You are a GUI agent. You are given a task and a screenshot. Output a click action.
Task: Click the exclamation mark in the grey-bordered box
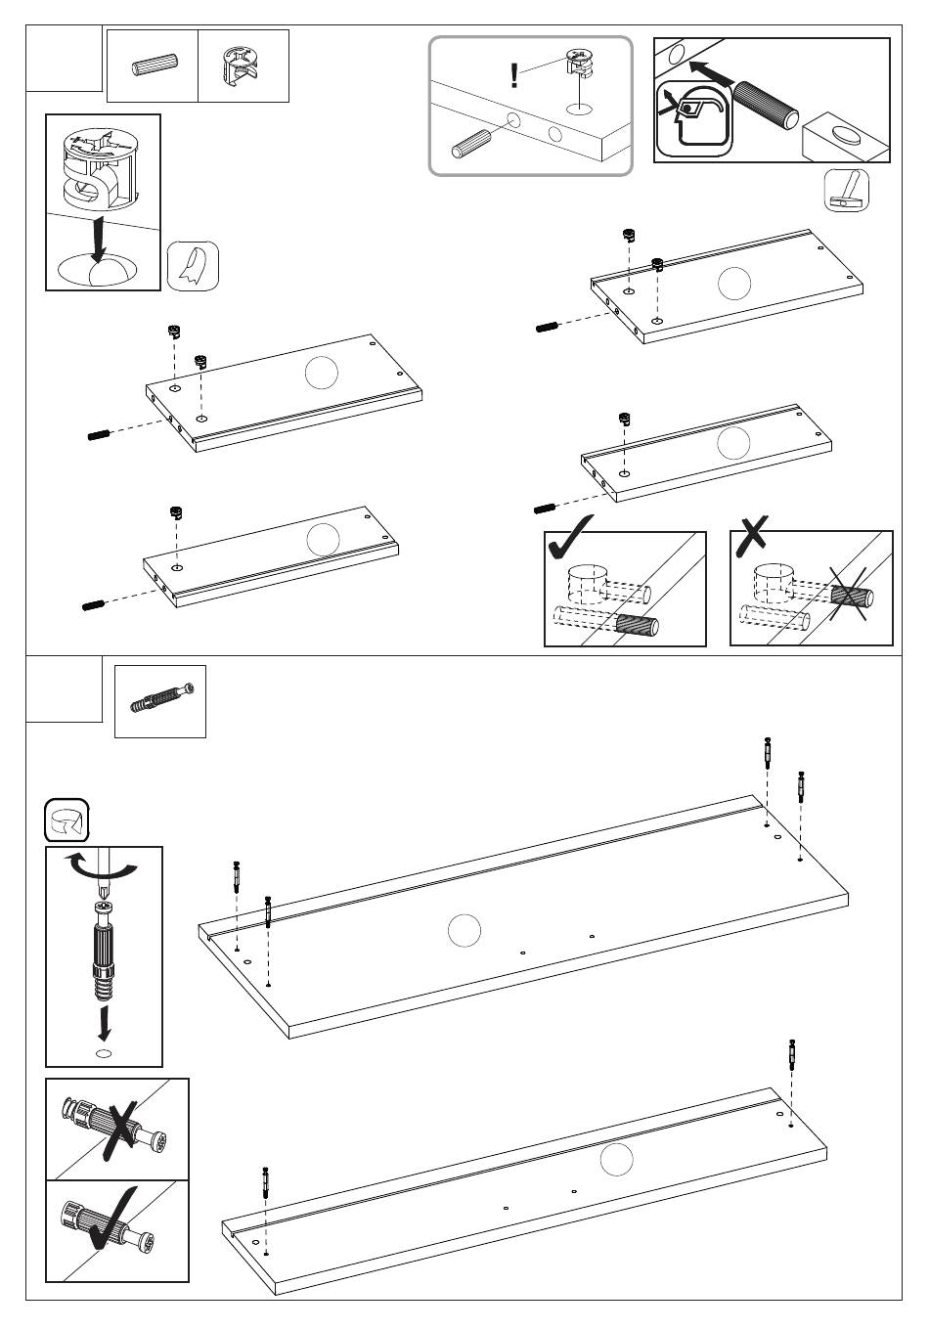(514, 76)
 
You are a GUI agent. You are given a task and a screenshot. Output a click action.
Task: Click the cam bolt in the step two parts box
(160, 701)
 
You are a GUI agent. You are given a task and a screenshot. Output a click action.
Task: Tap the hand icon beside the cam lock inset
(193, 266)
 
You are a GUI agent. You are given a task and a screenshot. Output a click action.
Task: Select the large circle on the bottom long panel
(616, 1161)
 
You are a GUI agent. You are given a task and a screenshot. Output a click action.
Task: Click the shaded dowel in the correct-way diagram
(638, 623)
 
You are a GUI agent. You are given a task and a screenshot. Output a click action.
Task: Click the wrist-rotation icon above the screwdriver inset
(66, 820)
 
